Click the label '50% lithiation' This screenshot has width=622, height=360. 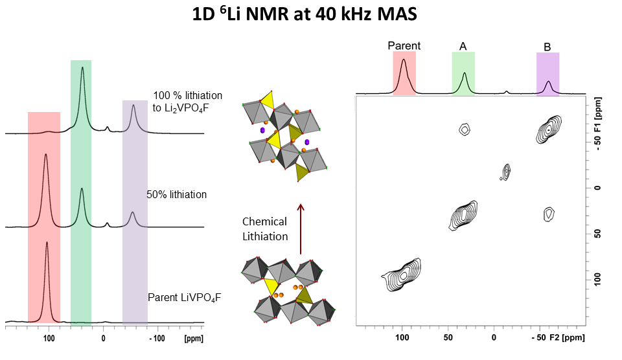[x=177, y=194]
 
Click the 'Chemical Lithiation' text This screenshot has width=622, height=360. [x=265, y=229]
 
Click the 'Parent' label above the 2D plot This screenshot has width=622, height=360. [x=404, y=46]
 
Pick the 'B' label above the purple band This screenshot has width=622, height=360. [x=547, y=47]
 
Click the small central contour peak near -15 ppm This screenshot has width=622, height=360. [x=507, y=172]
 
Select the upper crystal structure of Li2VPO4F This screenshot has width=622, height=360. [x=284, y=136]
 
